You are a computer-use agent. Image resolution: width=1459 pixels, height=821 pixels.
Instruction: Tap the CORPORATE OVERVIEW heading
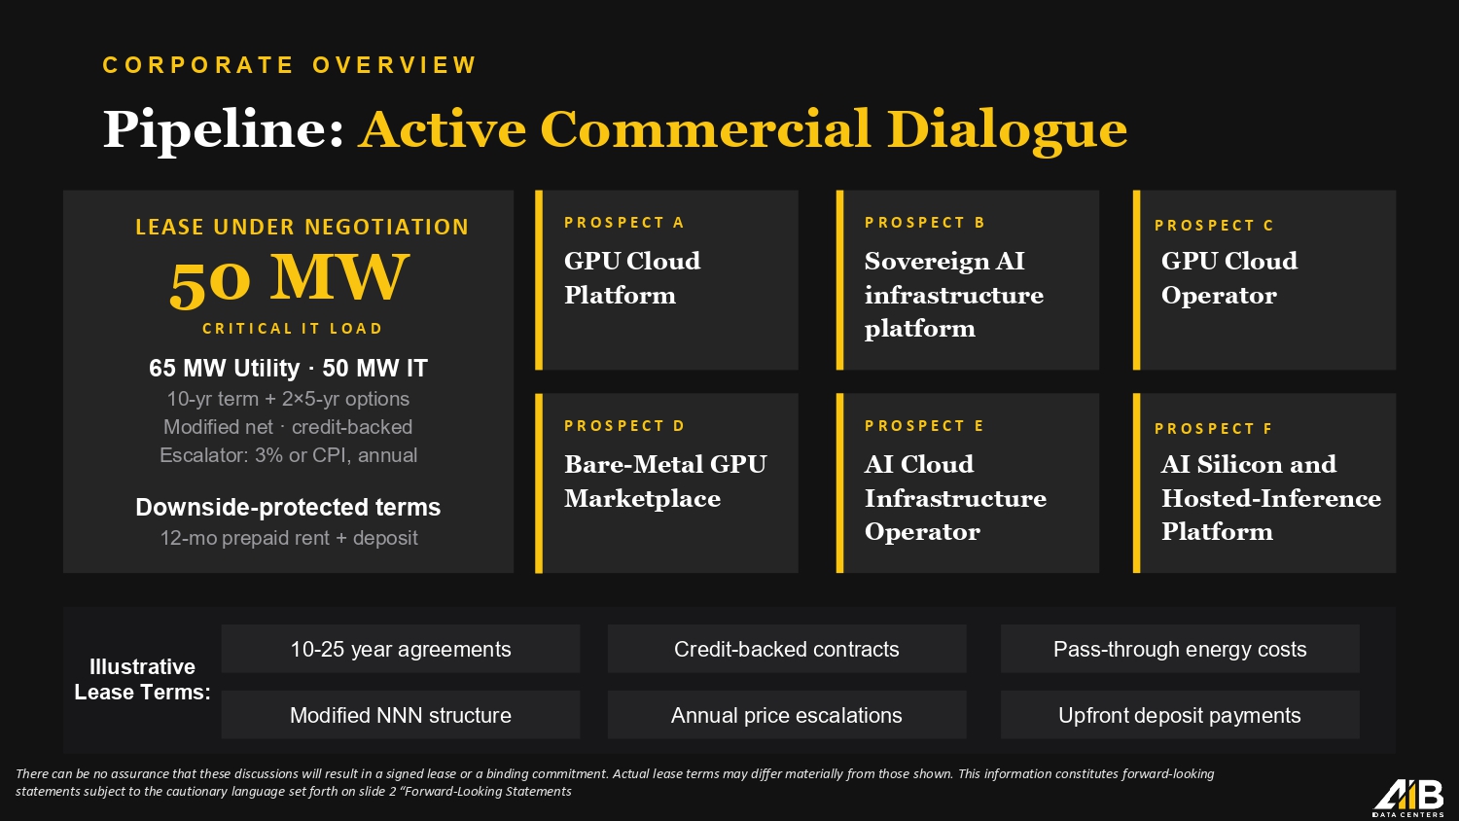tap(290, 65)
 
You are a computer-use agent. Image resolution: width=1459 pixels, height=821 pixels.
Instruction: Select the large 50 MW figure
tap(289, 279)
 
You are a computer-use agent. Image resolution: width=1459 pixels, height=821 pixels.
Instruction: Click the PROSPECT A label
tap(624, 223)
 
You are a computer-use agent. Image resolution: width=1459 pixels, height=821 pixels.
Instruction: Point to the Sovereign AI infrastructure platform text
tap(953, 295)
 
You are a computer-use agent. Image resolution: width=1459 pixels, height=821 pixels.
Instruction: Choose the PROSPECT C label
tap(1214, 226)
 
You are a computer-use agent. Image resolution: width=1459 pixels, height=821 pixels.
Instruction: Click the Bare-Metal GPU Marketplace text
tap(665, 481)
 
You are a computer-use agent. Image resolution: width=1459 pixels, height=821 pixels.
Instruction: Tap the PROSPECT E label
tap(924, 426)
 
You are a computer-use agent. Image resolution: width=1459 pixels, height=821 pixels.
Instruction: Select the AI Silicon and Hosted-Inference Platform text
tap(1270, 498)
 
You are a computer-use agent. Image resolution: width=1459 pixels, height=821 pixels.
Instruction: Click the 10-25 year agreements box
tap(401, 649)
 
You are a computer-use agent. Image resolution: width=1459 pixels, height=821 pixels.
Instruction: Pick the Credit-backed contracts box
tap(787, 649)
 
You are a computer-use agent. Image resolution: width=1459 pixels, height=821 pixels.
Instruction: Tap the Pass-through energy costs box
tap(1180, 649)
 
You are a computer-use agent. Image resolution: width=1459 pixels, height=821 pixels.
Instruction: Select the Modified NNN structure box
tap(401, 715)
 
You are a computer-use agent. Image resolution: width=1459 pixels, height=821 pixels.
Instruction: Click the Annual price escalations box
tap(787, 715)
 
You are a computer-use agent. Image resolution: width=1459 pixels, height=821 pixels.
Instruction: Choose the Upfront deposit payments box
tap(1180, 715)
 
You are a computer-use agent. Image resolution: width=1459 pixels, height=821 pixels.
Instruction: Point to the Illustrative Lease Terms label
tap(143, 679)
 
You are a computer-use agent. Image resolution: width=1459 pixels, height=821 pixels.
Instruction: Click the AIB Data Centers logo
tap(1408, 800)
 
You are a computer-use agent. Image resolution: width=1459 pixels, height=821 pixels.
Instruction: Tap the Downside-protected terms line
tap(288, 507)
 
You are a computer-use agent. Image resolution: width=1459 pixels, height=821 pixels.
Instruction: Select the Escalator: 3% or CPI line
tap(289, 455)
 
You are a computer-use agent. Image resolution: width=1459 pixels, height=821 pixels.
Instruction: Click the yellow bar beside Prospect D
tap(539, 482)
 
